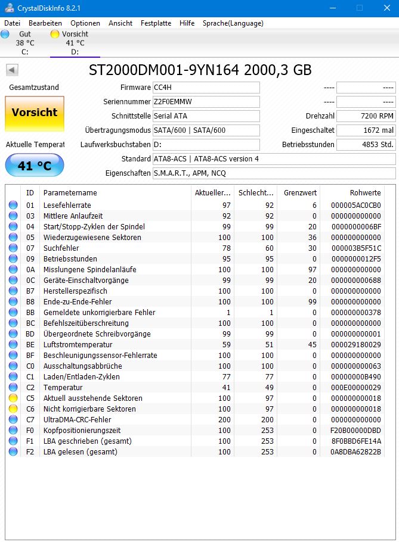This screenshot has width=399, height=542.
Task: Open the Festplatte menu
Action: coord(156,23)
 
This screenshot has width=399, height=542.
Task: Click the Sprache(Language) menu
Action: coord(233,23)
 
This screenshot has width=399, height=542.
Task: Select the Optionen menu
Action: coord(85,23)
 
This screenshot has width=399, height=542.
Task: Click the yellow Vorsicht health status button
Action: coord(35,113)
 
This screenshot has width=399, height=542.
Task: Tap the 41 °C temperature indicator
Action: coord(35,166)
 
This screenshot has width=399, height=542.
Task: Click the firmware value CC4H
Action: coord(206,88)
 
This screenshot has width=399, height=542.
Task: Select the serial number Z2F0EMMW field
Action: coord(206,102)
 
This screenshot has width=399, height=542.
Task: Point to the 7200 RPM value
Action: coord(366,116)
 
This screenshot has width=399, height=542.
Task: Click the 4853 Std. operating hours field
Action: coord(366,145)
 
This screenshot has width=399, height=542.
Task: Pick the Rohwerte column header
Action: coord(365,193)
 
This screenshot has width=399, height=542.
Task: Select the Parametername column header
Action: coord(70,193)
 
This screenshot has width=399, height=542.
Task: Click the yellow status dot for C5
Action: coord(13,398)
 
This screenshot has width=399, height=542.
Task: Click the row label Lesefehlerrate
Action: coord(67,205)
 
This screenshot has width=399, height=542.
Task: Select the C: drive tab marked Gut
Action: coord(24,43)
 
